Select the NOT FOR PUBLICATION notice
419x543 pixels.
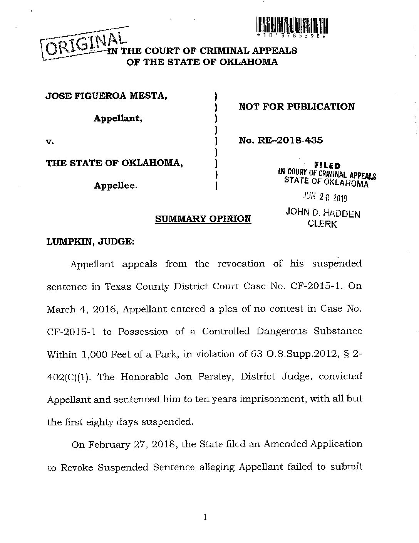(297, 106)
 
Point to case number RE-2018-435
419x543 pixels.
(281, 140)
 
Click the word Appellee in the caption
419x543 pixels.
(116, 185)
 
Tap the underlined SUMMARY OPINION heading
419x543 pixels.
(203, 219)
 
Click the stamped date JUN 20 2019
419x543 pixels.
(325, 197)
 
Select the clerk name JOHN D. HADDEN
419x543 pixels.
(323, 213)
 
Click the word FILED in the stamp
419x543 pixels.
(327, 165)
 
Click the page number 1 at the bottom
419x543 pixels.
(205, 517)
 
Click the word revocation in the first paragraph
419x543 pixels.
(241, 264)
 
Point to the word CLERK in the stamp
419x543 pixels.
(323, 224)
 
